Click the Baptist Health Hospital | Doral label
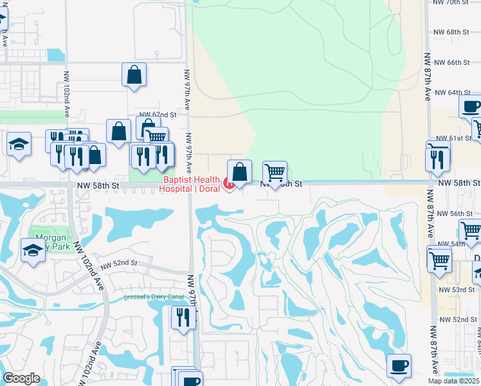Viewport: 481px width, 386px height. [192, 184]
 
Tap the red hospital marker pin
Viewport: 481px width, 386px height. [228, 185]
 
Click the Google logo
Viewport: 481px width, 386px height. [21, 378]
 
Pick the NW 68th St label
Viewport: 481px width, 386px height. [453, 32]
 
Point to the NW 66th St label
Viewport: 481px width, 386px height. [453, 62]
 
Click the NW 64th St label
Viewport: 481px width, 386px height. [453, 93]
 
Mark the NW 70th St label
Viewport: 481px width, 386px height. [453, 3]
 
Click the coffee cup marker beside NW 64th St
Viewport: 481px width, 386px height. [471, 106]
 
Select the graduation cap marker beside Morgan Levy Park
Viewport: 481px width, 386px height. [33, 249]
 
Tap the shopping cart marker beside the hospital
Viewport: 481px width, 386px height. [275, 172]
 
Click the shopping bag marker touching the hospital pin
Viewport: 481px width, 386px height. [239, 172]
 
